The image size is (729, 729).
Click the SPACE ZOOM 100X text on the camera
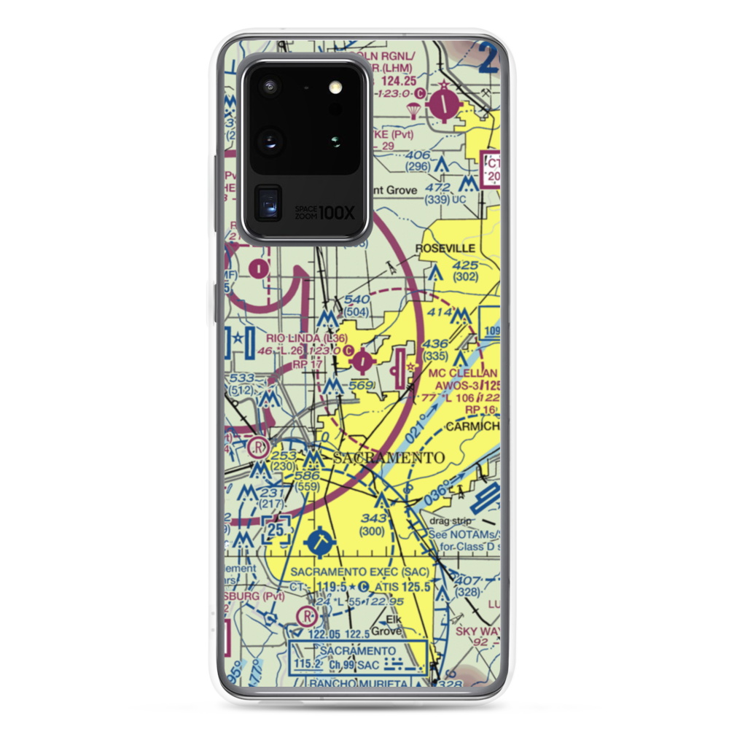coord(324,212)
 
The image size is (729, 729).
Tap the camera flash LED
coord(335,87)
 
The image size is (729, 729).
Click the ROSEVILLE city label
coord(443,249)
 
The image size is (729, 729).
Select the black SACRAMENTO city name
coord(388,458)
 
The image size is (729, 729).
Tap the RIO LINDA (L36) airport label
coord(301,338)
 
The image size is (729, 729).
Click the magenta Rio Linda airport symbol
coord(363,359)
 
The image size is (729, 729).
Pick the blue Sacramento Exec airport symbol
coord(319,542)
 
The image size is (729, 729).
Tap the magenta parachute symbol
coord(413,110)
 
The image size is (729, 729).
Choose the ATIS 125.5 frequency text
coord(400,587)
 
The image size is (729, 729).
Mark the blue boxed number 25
coord(275,530)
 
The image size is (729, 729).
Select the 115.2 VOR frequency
coord(308,665)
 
